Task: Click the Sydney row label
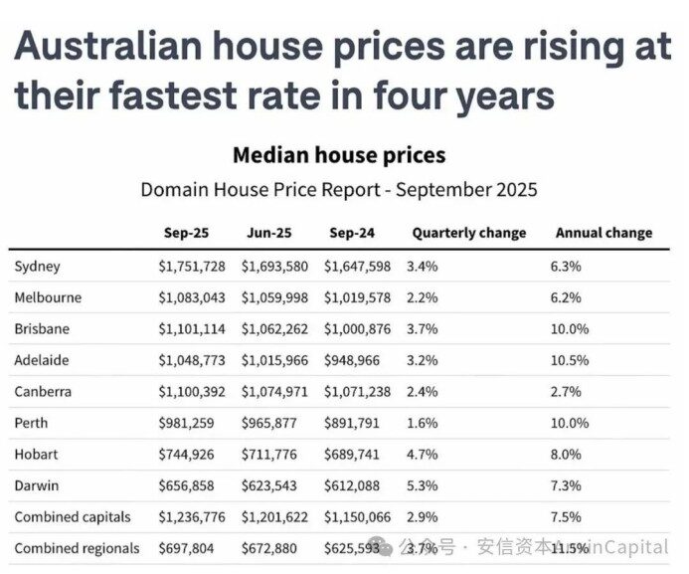pyautogui.click(x=38, y=267)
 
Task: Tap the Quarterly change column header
pyautogui.click(x=468, y=233)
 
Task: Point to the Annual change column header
pyautogui.click(x=603, y=233)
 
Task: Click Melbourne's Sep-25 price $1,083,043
pyautogui.click(x=192, y=297)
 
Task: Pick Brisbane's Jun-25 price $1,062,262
pyautogui.click(x=276, y=329)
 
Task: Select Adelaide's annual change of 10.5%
pyautogui.click(x=570, y=360)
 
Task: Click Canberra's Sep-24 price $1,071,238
pyautogui.click(x=358, y=392)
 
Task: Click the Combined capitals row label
pyautogui.click(x=73, y=517)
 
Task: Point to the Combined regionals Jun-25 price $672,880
pyautogui.click(x=270, y=548)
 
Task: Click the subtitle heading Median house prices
pyautogui.click(x=339, y=156)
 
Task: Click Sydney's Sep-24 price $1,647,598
pyautogui.click(x=358, y=267)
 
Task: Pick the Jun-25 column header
pyautogui.click(x=268, y=233)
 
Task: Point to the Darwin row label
pyautogui.click(x=37, y=485)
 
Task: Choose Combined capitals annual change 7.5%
pyautogui.click(x=566, y=517)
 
